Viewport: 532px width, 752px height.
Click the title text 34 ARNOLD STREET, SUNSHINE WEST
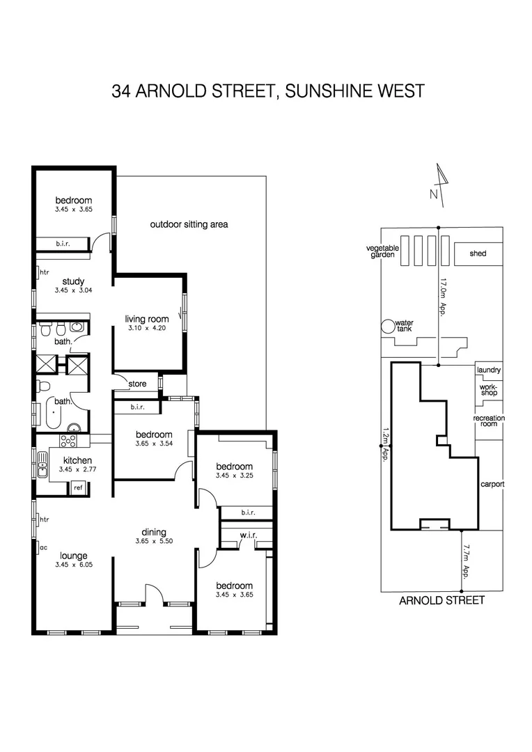point(267,91)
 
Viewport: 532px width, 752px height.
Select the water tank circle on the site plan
point(386,325)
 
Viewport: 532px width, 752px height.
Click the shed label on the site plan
point(478,253)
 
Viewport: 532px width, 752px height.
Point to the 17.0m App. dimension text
point(443,297)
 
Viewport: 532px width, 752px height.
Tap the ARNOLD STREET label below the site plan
point(441,600)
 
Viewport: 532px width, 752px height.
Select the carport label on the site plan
point(492,484)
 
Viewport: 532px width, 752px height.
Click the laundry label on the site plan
point(489,370)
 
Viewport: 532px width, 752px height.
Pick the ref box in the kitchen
point(78,487)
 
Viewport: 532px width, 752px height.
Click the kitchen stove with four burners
point(70,440)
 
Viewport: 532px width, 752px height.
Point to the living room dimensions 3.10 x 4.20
point(148,328)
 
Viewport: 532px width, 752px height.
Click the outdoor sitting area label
point(189,224)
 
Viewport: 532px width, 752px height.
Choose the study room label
point(73,281)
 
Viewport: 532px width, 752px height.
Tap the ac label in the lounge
point(43,547)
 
